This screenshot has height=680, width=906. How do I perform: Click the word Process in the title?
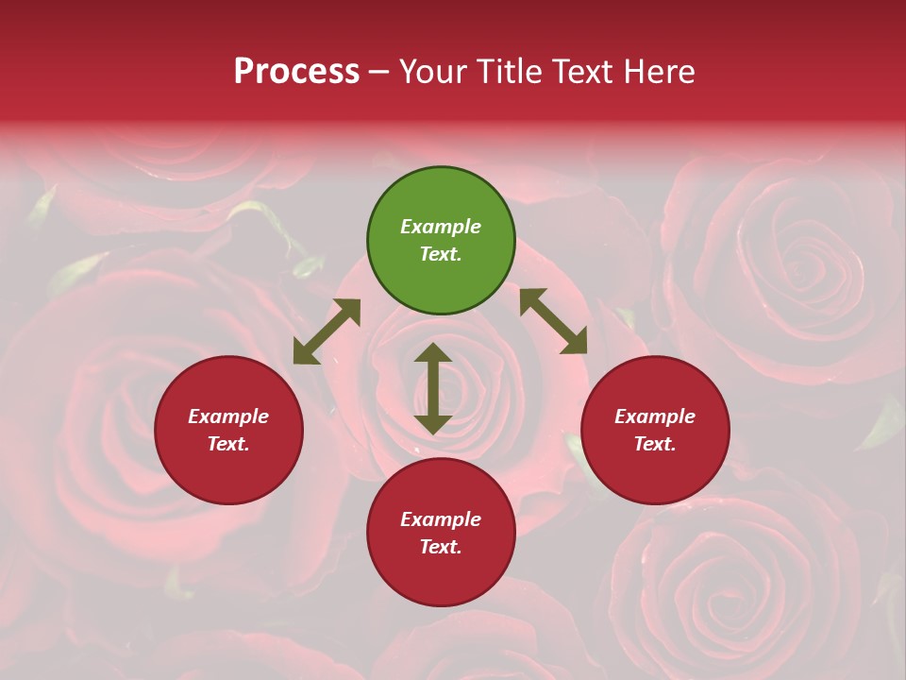click(x=296, y=72)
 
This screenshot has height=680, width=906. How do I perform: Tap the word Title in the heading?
click(x=510, y=72)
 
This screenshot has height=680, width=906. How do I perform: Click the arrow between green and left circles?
click(x=327, y=331)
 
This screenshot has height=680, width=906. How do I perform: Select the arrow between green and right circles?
click(x=554, y=321)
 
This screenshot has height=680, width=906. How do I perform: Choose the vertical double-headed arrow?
click(x=433, y=388)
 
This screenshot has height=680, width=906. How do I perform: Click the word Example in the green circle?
click(x=441, y=227)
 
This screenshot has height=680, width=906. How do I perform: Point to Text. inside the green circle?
click(x=441, y=254)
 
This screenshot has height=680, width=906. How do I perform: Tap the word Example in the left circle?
click(x=228, y=416)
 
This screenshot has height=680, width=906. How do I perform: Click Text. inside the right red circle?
click(x=655, y=444)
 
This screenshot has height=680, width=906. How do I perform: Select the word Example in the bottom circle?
click(x=441, y=519)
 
